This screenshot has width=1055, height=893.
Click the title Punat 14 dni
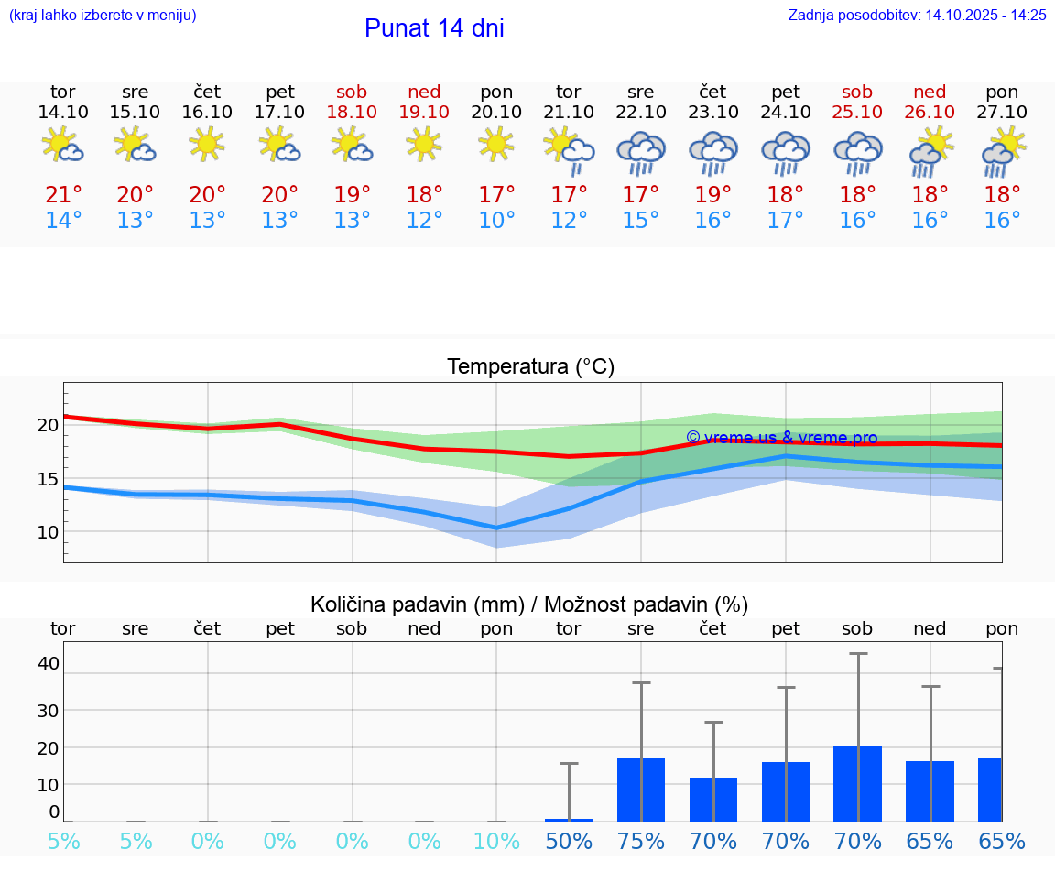434,28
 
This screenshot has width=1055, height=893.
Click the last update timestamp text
917,15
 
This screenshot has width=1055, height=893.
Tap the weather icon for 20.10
496,144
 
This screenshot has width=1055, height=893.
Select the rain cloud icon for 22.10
641,152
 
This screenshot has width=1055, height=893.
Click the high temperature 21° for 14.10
63,195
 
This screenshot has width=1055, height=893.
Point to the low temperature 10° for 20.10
496,221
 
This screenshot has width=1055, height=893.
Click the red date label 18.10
352,112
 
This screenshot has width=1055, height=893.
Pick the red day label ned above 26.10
930,92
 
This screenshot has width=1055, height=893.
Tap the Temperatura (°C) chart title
530,367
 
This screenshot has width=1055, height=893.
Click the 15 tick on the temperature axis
48,479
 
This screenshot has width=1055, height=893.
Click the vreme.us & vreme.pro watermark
781,438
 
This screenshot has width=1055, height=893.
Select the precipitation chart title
529,604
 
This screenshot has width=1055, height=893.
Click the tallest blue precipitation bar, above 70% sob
858,783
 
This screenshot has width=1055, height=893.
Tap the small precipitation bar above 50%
569,820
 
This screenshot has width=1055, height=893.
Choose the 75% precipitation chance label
641,841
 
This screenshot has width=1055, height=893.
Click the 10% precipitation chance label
496,841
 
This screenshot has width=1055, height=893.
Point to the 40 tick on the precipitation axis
48,663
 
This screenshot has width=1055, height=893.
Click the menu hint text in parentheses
102,15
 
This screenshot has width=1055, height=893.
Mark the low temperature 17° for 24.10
786,221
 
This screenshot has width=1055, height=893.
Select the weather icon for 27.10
1003,152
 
